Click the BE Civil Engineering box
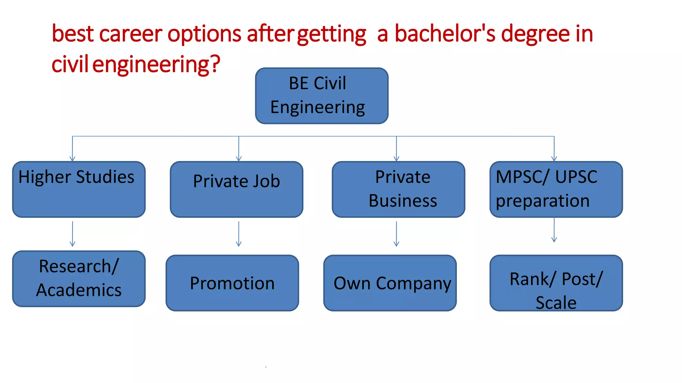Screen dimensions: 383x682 point(322,96)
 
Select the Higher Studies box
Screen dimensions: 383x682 point(79,190)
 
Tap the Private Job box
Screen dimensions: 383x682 point(236,190)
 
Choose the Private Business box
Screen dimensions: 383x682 point(398,190)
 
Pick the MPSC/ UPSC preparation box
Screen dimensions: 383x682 point(556,190)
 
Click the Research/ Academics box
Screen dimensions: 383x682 point(79,279)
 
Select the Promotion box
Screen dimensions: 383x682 point(232,283)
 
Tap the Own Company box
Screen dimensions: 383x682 point(390,283)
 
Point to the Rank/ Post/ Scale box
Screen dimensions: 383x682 point(556,283)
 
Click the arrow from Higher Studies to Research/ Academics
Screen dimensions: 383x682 point(73,234)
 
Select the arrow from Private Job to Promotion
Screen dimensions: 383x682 point(239,234)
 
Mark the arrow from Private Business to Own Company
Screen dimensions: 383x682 point(396,234)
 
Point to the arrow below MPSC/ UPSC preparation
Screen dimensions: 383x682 point(554,230)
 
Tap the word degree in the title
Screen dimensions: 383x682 point(535,35)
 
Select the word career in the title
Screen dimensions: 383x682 point(131,34)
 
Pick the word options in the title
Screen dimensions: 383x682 point(204,35)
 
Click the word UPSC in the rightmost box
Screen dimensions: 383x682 point(576,177)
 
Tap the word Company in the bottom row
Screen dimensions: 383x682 point(414,284)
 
